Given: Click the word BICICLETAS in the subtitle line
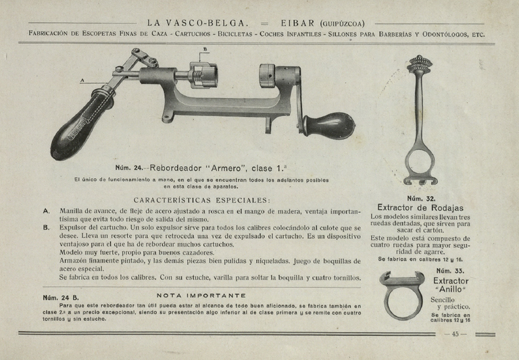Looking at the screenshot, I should (249, 34).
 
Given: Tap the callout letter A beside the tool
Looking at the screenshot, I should (82, 80).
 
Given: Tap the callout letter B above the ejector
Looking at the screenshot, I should (205, 49).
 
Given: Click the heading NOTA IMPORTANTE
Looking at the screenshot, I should (201, 295).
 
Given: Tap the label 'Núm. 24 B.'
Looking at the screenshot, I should (61, 297).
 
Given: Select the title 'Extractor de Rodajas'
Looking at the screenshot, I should (420, 207).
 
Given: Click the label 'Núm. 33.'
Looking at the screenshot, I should (449, 270).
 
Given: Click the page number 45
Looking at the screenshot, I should (455, 334).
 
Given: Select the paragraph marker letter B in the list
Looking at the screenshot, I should (46, 228).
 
